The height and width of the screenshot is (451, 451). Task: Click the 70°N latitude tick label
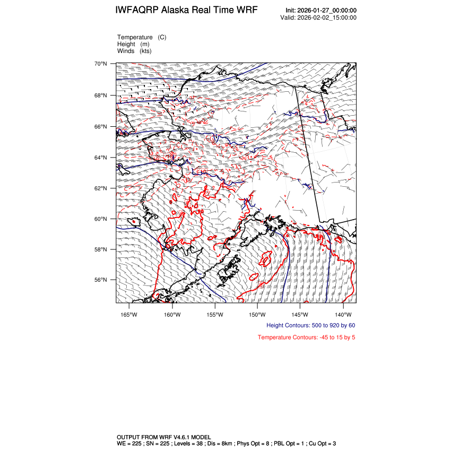click(x=101, y=64)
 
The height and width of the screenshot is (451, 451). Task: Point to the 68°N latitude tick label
click(x=101, y=96)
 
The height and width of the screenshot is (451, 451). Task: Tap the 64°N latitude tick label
click(x=101, y=158)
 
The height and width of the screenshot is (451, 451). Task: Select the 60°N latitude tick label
click(x=101, y=219)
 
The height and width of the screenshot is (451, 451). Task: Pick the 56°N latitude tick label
click(x=101, y=280)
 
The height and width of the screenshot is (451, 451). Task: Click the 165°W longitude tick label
click(x=129, y=314)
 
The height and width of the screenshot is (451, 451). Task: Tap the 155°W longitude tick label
click(x=214, y=314)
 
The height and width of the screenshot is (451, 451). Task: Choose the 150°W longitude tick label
click(x=257, y=314)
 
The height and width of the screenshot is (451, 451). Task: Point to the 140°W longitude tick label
click(x=343, y=314)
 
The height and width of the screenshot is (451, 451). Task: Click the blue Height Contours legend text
click(x=310, y=325)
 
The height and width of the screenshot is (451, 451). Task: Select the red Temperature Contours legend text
click(x=306, y=337)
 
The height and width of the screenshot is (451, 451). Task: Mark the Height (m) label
click(x=133, y=44)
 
